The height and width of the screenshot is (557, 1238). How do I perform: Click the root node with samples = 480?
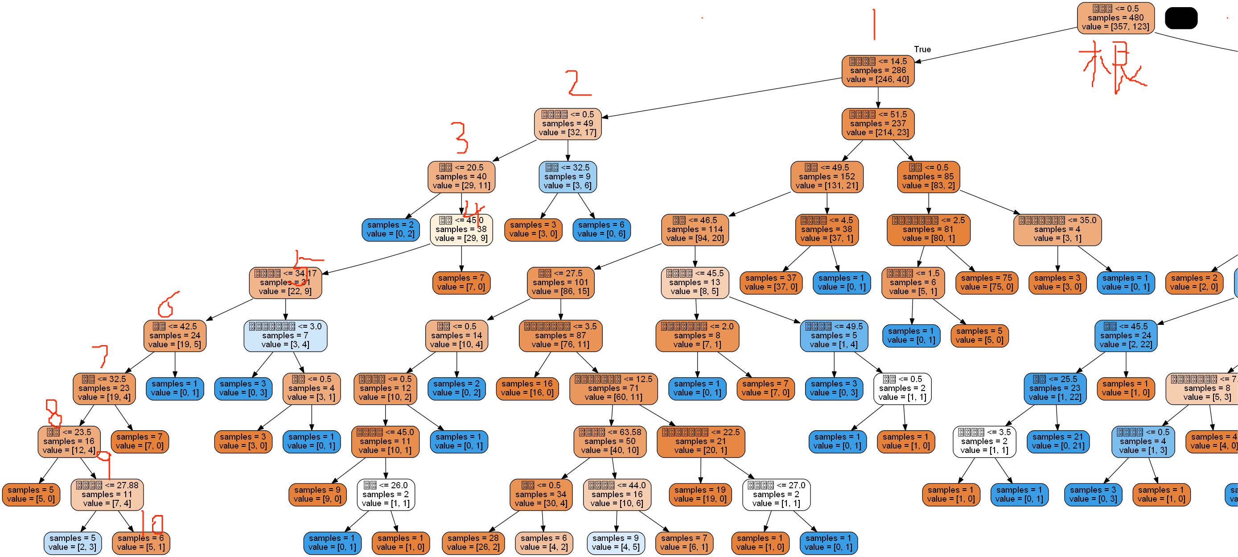coord(1115,18)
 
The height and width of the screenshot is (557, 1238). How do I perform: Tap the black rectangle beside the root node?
coord(1181,18)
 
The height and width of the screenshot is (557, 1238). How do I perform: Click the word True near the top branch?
coord(922,49)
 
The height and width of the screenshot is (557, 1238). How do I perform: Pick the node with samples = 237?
coord(877,124)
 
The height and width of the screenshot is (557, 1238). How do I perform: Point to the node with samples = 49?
coord(568,124)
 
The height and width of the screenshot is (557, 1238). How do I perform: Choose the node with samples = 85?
coord(928,177)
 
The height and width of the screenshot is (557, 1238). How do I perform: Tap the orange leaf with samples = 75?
coord(987,283)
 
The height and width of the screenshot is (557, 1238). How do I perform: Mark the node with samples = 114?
coord(695,229)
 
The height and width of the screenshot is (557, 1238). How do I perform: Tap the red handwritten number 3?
coord(460,137)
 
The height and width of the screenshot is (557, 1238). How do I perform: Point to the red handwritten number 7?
coord(101,355)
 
